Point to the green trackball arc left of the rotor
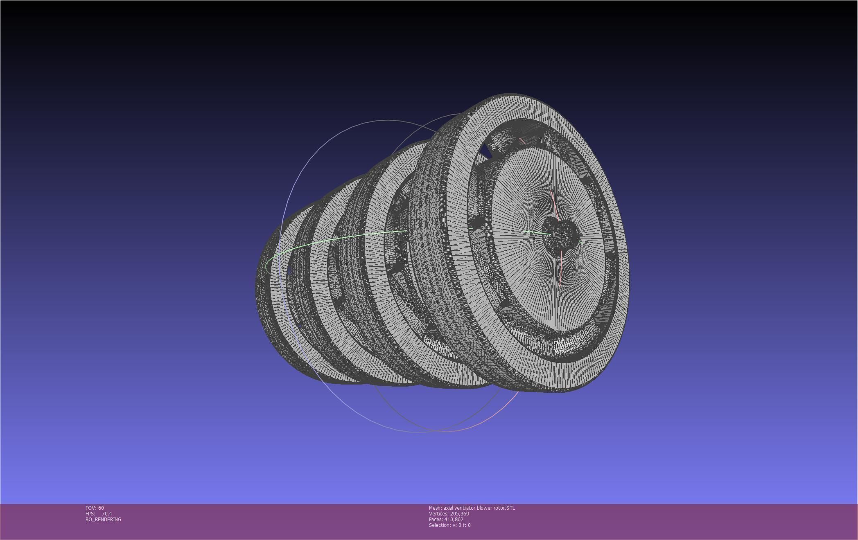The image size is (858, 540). point(327,241)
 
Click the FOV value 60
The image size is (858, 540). point(101,508)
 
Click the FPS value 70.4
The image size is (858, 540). point(107,514)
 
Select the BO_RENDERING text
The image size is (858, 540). point(103,520)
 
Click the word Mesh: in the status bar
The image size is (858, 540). point(435,508)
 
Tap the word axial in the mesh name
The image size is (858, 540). point(449,508)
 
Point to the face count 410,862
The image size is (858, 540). point(454,520)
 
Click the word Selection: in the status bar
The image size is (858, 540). point(440,525)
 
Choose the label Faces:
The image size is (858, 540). point(436,520)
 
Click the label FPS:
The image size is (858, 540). point(90,514)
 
